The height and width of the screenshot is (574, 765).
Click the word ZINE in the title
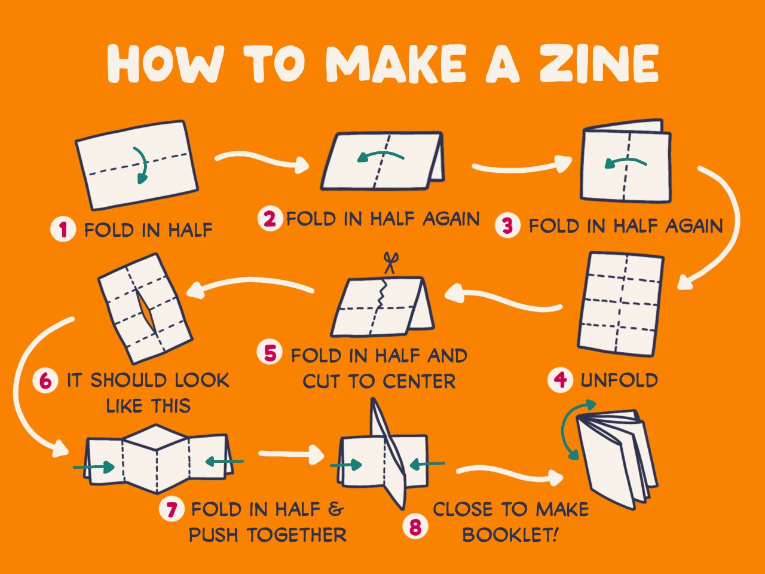599,63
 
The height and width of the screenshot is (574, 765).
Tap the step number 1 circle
63,230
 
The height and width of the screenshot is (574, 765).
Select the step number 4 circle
560,380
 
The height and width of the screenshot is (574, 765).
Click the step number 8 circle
415,527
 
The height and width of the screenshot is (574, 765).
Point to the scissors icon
390,263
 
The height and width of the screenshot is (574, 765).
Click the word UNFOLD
619,380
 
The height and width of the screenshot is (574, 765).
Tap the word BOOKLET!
510,535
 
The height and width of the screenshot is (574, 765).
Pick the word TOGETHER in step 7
297,535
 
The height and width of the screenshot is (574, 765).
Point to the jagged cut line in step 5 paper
382,293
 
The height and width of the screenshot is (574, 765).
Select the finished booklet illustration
616,459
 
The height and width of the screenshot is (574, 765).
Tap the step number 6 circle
45,380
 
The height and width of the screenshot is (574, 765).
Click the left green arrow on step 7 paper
93,466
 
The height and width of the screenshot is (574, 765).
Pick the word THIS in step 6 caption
171,405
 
